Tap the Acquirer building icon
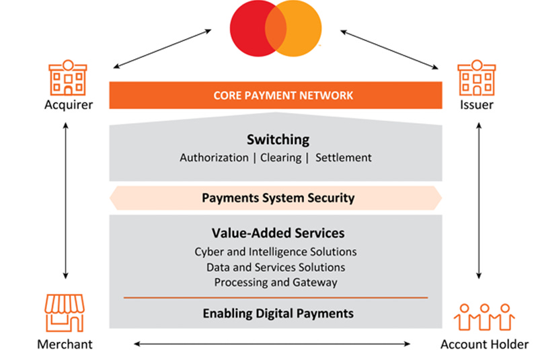(x=68, y=77)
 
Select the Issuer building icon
(x=476, y=77)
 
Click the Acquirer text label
(x=68, y=104)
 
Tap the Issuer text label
(x=476, y=104)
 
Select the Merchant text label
(x=65, y=345)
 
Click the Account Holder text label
(x=484, y=345)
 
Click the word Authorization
(x=214, y=157)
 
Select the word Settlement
(x=343, y=157)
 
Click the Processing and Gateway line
(x=276, y=283)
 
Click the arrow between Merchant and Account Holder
(x=272, y=344)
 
